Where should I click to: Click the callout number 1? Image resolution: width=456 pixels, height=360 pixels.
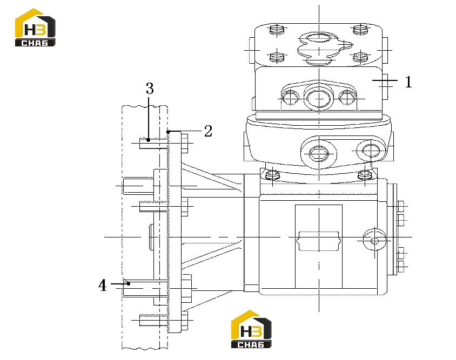(408, 81)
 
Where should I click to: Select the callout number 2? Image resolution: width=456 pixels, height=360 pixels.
(208, 131)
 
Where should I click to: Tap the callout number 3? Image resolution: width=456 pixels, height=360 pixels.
(150, 89)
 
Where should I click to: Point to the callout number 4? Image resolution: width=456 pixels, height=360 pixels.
(102, 285)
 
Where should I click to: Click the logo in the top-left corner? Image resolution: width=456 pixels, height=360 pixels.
(35, 27)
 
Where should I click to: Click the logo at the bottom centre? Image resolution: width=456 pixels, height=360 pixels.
(251, 329)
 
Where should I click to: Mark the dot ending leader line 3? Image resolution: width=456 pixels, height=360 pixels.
(149, 140)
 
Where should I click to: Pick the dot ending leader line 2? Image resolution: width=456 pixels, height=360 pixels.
(168, 132)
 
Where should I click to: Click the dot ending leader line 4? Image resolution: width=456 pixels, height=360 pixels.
(128, 283)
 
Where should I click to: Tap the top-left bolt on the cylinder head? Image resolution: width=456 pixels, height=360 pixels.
(277, 30)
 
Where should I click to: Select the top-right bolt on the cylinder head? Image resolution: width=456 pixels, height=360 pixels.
(360, 30)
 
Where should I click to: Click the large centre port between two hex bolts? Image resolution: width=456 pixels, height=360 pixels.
(319, 99)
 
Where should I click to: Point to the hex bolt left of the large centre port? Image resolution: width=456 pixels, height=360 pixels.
(290, 98)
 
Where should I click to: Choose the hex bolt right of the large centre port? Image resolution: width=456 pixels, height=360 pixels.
(348, 98)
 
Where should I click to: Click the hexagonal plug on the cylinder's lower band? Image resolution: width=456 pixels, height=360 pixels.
(319, 153)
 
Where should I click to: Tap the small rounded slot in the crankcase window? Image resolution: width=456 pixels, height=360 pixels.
(319, 241)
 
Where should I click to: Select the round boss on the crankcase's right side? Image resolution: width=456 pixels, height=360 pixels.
(375, 240)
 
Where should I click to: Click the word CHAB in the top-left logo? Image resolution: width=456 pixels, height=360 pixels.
(35, 43)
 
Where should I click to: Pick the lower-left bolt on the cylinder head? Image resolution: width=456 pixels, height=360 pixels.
(277, 57)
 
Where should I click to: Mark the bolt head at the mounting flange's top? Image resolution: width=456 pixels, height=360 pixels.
(185, 143)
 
